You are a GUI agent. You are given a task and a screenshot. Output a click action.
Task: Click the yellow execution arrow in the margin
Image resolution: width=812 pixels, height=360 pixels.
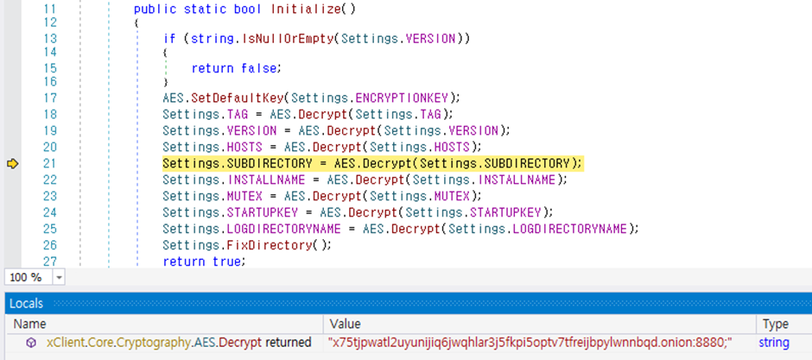[x=12, y=164]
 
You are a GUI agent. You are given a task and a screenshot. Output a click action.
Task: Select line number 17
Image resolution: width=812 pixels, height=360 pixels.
[x=50, y=98]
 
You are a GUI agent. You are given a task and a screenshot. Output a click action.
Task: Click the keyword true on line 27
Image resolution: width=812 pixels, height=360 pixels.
[x=227, y=262]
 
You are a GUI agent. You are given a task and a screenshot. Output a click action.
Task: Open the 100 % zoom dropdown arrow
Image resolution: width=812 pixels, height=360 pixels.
[x=59, y=278]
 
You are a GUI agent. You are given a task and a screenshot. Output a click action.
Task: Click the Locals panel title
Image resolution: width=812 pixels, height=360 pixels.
[x=26, y=304]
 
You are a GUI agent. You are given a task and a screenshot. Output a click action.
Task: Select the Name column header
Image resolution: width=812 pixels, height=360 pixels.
[x=29, y=325]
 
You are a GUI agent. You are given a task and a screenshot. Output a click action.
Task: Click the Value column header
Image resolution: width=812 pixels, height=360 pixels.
[x=345, y=325]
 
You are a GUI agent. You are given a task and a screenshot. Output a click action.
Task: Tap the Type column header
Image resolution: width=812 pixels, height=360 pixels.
[x=775, y=325]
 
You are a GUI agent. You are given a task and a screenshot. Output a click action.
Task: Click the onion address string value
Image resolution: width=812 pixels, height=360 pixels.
[x=530, y=343]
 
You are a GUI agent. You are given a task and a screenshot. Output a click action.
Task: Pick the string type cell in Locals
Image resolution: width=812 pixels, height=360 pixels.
[x=774, y=343]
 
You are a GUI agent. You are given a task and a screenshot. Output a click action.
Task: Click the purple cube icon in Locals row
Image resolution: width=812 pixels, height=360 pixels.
[x=31, y=343]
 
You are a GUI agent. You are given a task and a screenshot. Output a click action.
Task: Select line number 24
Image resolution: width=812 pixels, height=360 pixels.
[x=50, y=212]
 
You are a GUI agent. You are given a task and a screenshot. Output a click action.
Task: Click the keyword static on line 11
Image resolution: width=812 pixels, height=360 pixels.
[x=200, y=9]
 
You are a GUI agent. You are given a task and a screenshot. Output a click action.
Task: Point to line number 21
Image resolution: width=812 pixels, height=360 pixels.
[x=50, y=164]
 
